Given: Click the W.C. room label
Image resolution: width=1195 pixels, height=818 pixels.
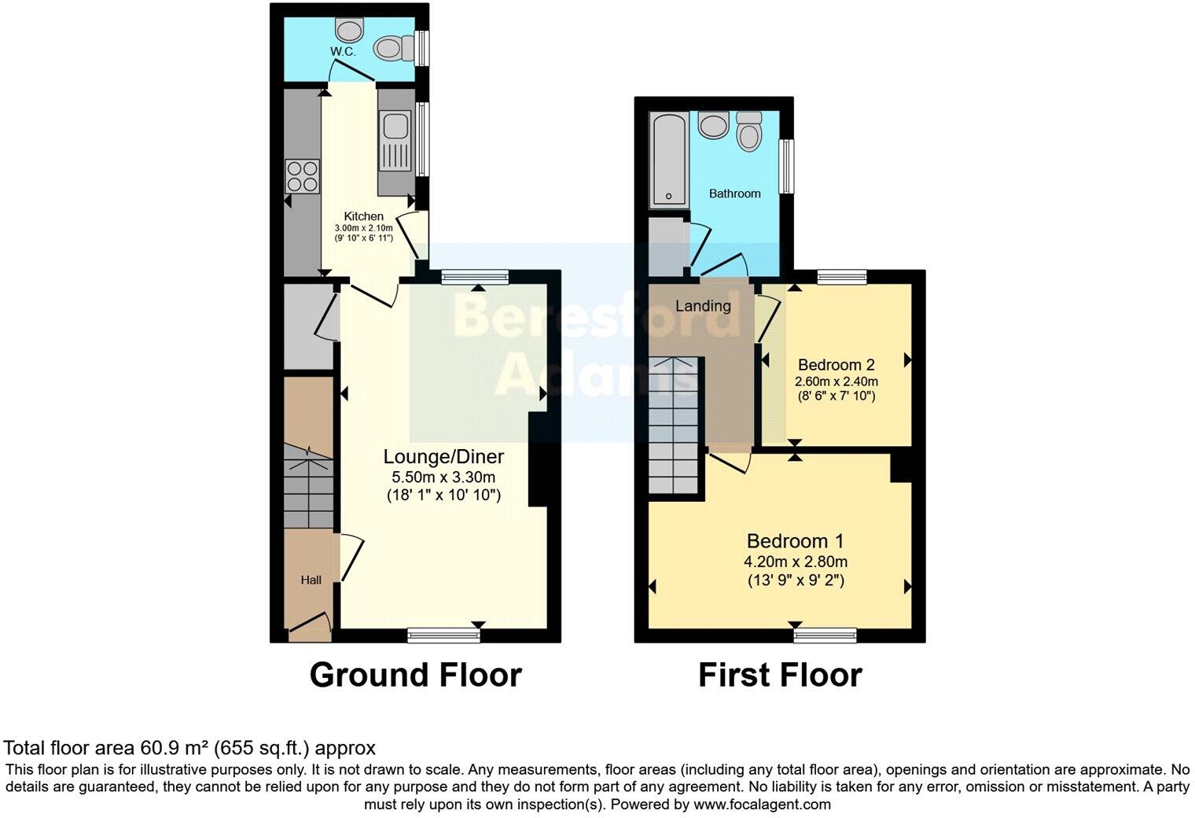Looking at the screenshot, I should point(343,51).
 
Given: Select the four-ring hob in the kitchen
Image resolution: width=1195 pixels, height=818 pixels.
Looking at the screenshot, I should point(303,176).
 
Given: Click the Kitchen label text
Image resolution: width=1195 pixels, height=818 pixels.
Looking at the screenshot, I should point(364,216).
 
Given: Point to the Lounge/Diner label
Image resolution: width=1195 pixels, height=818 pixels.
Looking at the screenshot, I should point(443,457).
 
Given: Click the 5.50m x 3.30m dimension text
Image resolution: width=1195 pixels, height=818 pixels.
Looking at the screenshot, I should point(443,477).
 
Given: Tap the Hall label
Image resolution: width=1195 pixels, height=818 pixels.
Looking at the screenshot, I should point(311,580).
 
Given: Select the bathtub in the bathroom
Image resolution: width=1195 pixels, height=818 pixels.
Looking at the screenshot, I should point(668,157).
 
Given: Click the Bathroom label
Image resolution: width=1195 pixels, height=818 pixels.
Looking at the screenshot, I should point(734,193).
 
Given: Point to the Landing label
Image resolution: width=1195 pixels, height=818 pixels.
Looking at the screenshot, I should point(703,306).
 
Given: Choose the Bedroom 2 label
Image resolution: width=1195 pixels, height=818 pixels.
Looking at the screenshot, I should point(836,365).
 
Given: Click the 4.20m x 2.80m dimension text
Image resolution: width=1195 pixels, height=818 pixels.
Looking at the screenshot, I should point(795,562).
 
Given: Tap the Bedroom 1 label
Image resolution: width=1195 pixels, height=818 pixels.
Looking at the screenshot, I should point(795,541).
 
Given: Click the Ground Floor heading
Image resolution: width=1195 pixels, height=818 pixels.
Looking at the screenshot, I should point(415,675).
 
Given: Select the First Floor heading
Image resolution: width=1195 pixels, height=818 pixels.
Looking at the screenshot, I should point(780,675).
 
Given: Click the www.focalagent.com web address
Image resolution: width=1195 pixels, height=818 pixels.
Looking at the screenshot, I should point(762,805).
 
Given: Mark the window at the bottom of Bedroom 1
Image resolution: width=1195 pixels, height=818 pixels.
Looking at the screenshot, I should point(825,636).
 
